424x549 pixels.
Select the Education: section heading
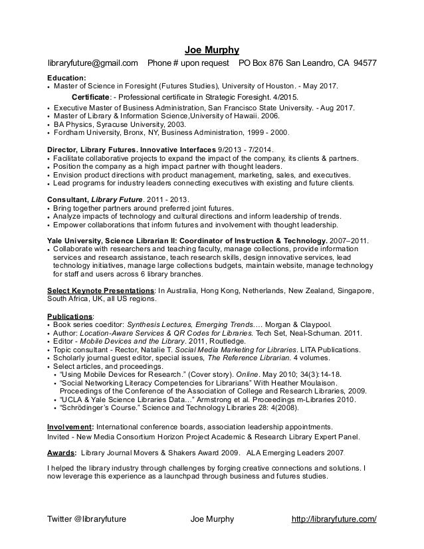[x=67, y=78]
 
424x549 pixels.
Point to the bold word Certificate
[x=90, y=97]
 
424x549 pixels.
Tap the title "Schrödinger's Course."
[x=98, y=408]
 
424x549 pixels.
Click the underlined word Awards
[x=60, y=451]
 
